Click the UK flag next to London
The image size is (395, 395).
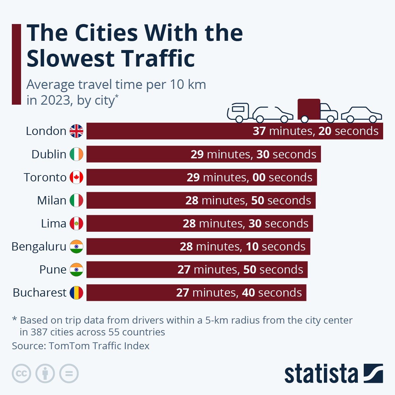point(76,131)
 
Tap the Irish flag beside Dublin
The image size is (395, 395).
point(76,154)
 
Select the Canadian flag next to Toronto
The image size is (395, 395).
point(76,177)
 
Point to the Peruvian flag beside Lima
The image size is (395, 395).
point(76,224)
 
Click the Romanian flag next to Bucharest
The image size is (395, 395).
point(76,293)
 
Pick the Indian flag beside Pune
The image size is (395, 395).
point(76,270)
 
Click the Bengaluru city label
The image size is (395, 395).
point(39,247)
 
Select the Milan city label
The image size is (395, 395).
point(52,200)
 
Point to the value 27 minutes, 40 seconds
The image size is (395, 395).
point(239,293)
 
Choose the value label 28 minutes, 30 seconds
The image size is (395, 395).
point(246,224)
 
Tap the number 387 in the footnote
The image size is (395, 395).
point(39,332)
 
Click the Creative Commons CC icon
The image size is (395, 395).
point(21,374)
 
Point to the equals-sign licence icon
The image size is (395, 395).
point(69,374)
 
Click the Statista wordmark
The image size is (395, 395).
point(321,374)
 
